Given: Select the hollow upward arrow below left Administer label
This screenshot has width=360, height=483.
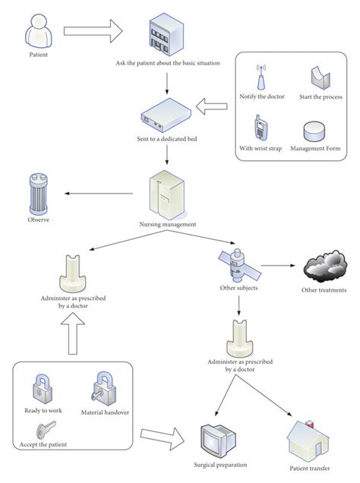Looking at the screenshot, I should point(74,335).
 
